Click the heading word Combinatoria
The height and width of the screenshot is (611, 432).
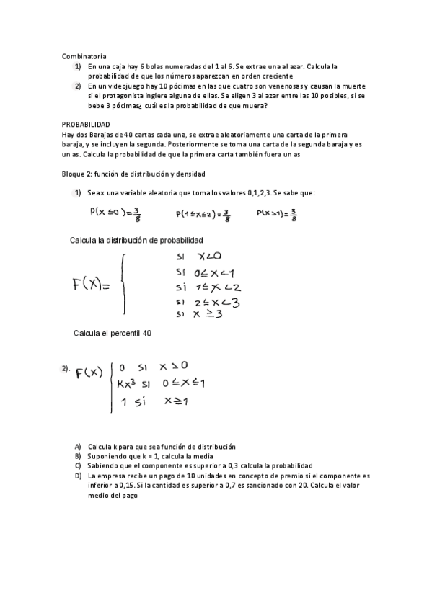point(84,55)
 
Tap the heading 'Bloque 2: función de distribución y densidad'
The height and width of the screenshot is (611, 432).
point(133,174)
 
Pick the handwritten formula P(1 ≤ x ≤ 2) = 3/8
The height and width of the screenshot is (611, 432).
point(203,214)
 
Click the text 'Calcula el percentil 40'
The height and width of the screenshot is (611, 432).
point(113,333)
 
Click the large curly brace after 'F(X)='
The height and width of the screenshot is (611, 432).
point(125,284)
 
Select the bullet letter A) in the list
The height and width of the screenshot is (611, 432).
point(78,447)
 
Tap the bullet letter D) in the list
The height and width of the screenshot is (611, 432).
point(78,476)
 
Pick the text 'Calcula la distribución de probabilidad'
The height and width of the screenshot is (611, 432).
point(136,240)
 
